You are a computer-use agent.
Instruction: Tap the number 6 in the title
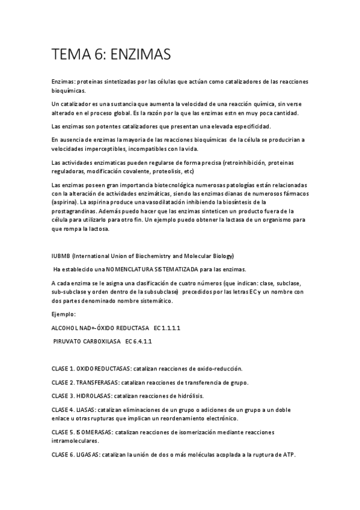(x=99, y=55)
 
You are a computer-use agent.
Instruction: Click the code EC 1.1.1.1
(x=167, y=328)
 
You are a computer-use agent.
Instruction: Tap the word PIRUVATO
(x=70, y=341)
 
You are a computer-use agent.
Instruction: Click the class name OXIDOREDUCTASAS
(x=104, y=368)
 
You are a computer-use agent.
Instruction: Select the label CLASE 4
(x=63, y=410)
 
